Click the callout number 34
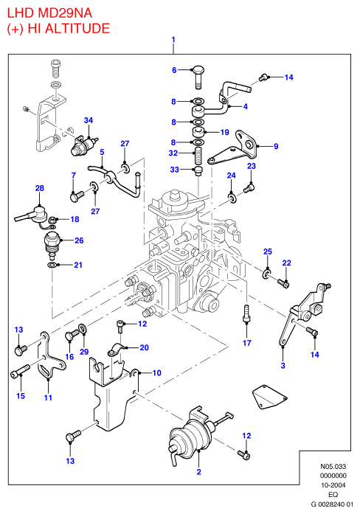pos(89,120)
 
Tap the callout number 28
pos(40,188)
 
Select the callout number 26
pos(79,240)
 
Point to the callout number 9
pos(276,146)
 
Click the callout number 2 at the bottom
pos(198,472)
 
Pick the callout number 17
pos(247,343)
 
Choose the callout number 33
pos(174,169)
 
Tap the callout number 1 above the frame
pos(173,40)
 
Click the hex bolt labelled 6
pos(198,77)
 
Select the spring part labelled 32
pos(198,156)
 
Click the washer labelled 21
pos(52,265)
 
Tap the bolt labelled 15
pos(20,370)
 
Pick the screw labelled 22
pos(283,283)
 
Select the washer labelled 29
pos(83,328)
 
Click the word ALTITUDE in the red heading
pos(77,28)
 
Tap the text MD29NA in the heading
pos(65,13)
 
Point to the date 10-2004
pos(333,485)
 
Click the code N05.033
pos(333,467)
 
